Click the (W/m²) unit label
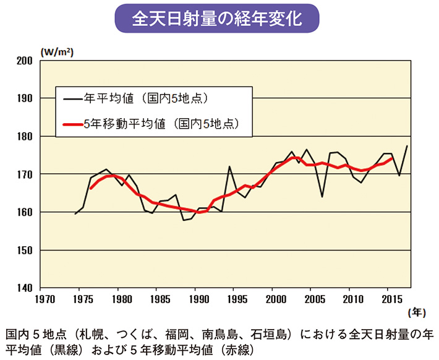[x=57, y=52]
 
